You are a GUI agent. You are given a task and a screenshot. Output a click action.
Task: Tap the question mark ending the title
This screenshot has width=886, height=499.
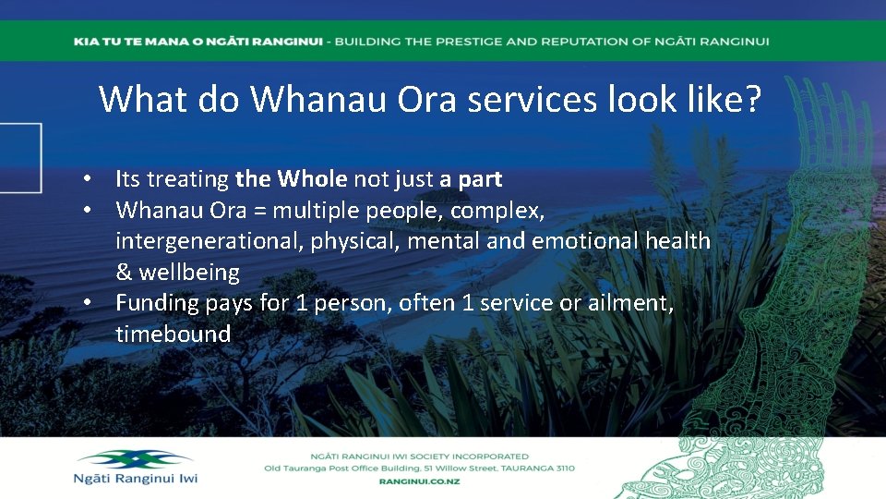[x=753, y=98]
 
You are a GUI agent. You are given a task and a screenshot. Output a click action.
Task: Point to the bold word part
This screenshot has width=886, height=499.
[x=480, y=178]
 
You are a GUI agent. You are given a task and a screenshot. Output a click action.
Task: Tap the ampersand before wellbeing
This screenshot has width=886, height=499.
[x=124, y=273]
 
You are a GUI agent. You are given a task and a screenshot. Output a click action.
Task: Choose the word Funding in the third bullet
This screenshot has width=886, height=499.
[x=153, y=303]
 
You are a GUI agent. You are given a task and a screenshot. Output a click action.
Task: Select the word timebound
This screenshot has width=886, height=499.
[x=173, y=335]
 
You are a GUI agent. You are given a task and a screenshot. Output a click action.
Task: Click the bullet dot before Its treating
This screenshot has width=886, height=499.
[x=85, y=178]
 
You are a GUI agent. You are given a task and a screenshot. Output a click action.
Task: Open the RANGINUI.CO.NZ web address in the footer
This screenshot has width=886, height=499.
[x=418, y=481]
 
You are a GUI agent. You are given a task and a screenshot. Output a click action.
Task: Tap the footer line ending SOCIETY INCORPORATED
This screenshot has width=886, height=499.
[x=418, y=456]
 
